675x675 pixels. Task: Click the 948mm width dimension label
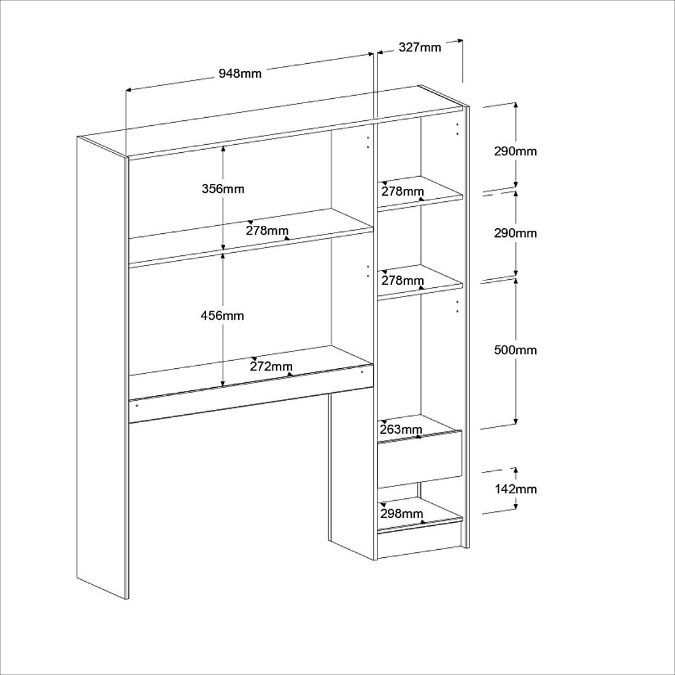pos(240,74)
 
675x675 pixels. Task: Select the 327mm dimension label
pos(420,47)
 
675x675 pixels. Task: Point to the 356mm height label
pos(223,189)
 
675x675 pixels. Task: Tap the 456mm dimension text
pos(222,316)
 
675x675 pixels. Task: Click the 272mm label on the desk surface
pos(271,366)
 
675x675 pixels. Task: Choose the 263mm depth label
pos(401,429)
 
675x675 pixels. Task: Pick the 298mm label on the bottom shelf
pos(402,514)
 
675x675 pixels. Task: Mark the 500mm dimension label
pos(515,350)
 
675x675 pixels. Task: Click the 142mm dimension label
pos(515,489)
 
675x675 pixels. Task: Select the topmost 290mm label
pos(515,152)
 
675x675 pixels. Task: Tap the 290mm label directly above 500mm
pos(515,233)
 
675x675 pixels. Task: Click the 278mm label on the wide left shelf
pos(267,231)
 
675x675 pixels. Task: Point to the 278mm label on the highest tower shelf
pos(403,191)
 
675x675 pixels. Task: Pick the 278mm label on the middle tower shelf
pos(403,280)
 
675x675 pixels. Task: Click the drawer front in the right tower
pos(420,460)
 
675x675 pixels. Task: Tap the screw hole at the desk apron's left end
pos(136,406)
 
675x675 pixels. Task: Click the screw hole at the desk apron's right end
pos(362,372)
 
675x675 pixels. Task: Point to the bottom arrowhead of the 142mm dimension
pos(515,506)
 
